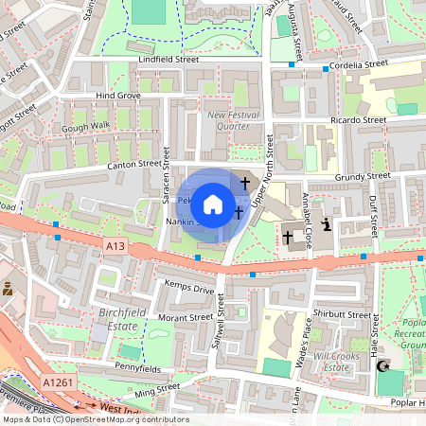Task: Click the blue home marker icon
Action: tap(213, 204)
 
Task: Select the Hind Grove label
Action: tap(118, 96)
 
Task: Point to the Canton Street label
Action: tap(111, 165)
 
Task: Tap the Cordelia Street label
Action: tap(358, 65)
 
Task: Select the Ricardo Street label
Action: tap(360, 120)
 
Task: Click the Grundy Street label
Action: tap(364, 175)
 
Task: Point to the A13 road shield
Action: tap(115, 246)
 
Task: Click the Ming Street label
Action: tap(157, 388)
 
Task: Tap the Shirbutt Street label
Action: tap(343, 314)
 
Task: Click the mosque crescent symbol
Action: tap(383, 365)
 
